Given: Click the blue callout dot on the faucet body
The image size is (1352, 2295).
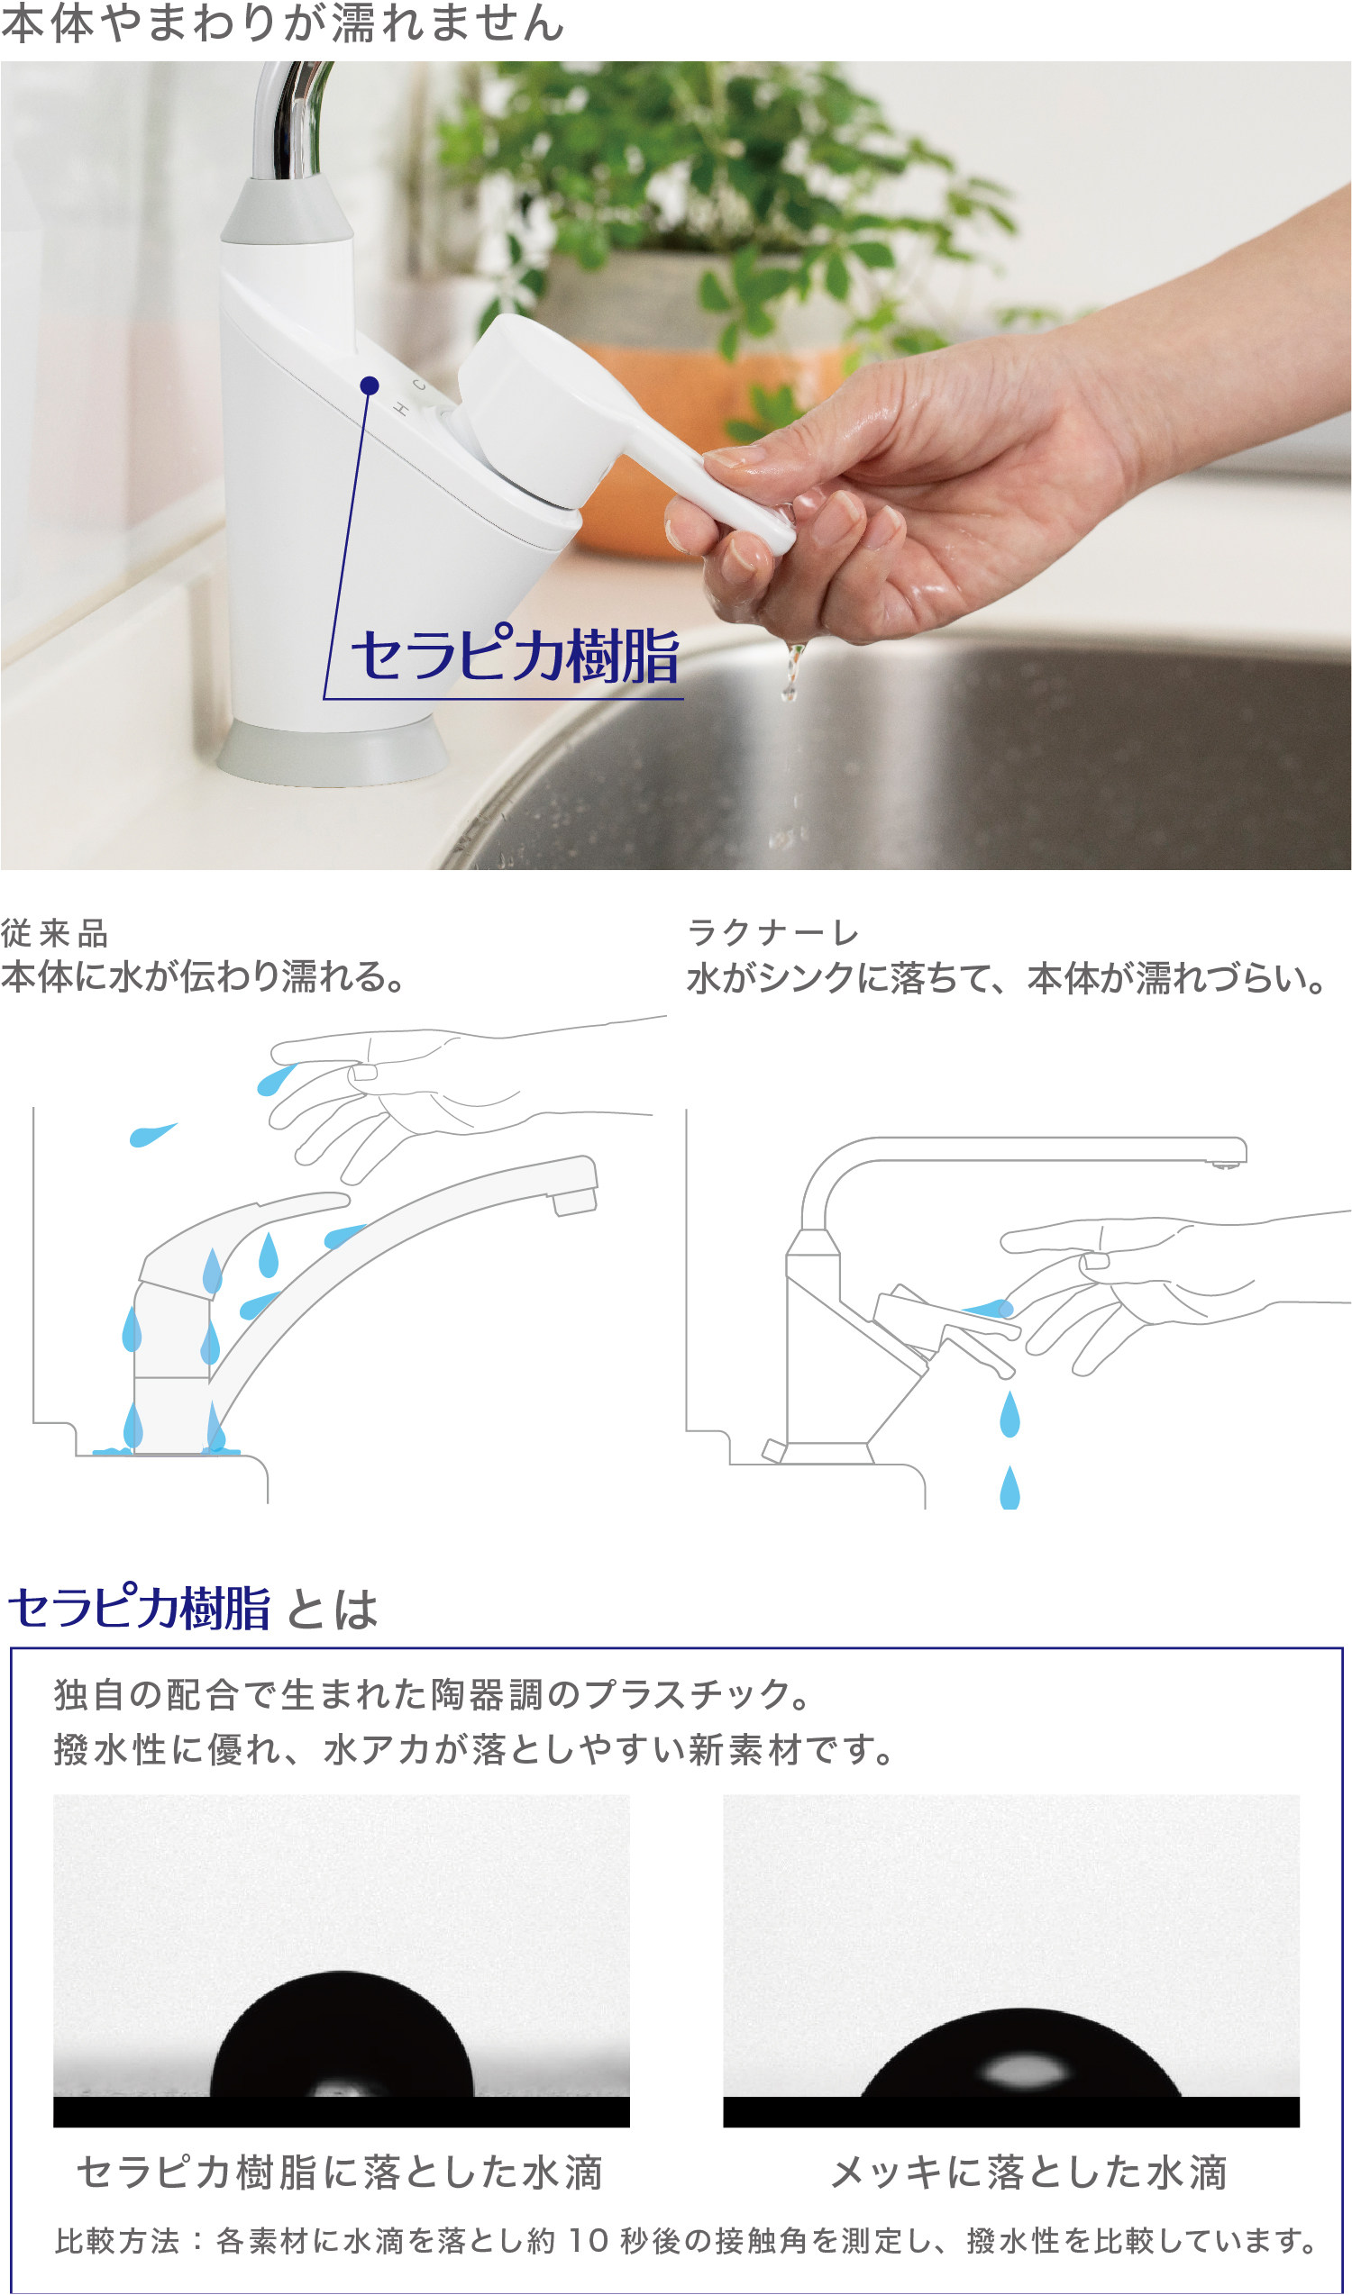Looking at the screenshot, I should pos(369,386).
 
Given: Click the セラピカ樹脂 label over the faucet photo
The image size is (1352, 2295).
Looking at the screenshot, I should pos(516,656).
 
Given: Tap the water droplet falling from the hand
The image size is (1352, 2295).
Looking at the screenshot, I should pos(792,669).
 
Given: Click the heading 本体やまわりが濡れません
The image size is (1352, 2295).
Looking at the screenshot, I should pos(282,23).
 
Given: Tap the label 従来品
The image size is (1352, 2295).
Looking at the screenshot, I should pos(55,933).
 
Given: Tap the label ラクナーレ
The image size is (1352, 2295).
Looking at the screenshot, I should pos(773,933).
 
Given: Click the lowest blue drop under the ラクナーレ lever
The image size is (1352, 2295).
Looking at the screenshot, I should pos(1009,1489).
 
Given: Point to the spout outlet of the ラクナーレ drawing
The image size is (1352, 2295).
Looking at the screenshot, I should pos(1227,1162).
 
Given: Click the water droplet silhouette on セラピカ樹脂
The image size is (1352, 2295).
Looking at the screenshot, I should pos(342,2040).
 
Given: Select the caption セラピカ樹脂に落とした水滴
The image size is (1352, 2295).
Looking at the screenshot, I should pos(340,2173).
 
